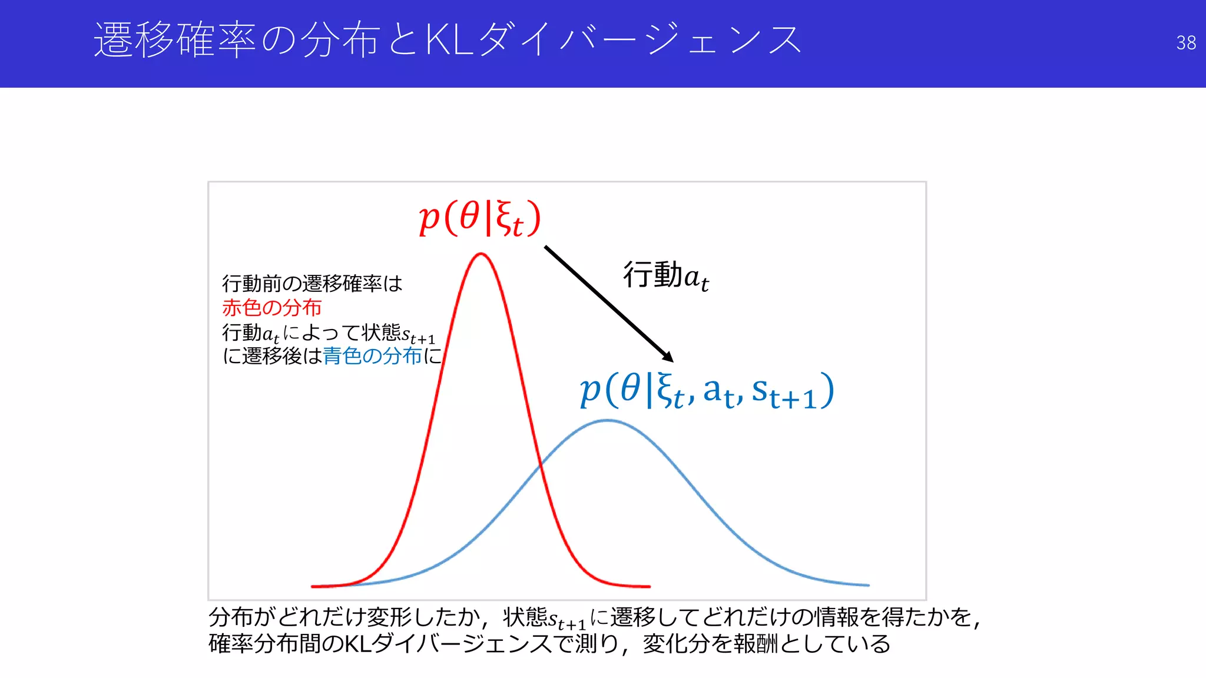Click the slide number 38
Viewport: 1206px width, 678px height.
point(1185,43)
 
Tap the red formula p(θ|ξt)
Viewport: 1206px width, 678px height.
point(479,218)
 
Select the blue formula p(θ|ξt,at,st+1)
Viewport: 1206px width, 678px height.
point(707,391)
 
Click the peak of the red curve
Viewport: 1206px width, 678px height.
point(481,254)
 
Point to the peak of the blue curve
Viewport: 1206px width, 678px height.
point(608,420)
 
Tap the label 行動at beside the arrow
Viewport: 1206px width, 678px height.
point(666,275)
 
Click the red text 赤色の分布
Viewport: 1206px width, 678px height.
point(271,307)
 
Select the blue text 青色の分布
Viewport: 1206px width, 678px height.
point(372,355)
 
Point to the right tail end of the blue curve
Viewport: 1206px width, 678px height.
point(867,585)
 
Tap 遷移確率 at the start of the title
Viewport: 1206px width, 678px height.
point(174,40)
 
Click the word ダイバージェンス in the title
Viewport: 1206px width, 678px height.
point(639,40)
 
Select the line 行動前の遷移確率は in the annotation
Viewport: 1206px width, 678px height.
point(312,284)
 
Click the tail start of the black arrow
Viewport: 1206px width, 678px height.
point(546,247)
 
